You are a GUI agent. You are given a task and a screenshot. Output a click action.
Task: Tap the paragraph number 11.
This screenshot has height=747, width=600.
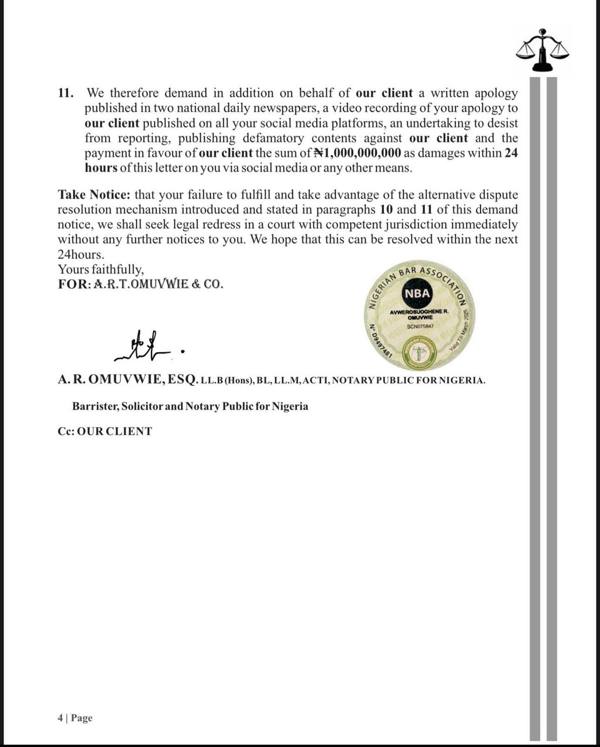coord(66,93)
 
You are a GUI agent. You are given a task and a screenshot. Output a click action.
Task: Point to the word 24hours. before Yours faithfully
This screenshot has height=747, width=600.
coord(80,254)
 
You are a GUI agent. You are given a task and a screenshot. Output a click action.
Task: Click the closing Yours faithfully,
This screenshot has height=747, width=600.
coord(101,269)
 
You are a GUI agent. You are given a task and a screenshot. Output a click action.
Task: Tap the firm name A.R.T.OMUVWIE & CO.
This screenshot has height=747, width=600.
coord(158,284)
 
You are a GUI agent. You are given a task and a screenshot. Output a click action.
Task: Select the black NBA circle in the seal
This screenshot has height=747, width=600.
coord(417,293)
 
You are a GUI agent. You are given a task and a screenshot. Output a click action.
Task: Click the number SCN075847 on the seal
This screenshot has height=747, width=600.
coord(420,326)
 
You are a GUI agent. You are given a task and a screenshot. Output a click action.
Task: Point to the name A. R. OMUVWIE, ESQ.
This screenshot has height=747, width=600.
coord(128,380)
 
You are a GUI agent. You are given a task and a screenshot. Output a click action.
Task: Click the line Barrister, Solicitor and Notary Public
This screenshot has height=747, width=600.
coord(190,406)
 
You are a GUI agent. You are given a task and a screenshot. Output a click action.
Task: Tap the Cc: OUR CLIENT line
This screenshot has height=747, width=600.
coord(105,431)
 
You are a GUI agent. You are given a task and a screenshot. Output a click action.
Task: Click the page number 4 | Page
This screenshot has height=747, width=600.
coord(75,718)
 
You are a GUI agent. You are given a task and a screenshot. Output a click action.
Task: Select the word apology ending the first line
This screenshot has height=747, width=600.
coord(496,93)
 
